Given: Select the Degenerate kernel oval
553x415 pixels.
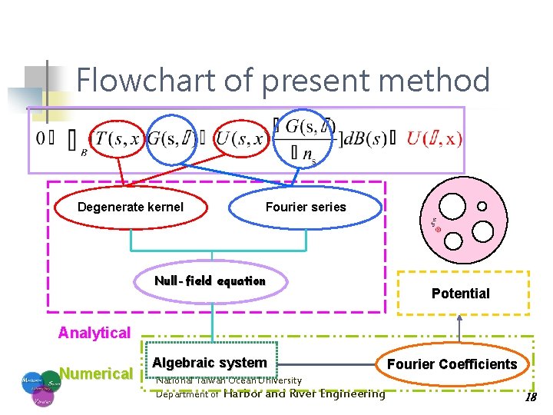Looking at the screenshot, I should point(131,207).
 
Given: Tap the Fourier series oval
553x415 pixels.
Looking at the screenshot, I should point(306,207).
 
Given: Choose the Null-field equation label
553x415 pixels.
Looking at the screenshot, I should point(210,281).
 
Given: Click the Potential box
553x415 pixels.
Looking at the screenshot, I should point(460,293).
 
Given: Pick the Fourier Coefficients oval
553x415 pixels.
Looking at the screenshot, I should point(452,364).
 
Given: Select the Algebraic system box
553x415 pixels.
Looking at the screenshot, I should point(210,363).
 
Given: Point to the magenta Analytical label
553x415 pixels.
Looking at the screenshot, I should point(94,333).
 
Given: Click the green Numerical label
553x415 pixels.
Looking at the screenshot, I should point(95,374).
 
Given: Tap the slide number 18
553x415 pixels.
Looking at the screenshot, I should point(529,397).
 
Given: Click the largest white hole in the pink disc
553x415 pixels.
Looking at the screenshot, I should point(452,205).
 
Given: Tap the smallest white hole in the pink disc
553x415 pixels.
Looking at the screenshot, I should point(482,206).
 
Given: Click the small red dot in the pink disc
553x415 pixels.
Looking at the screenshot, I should point(438,230).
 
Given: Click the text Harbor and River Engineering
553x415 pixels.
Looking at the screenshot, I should point(304,394).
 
